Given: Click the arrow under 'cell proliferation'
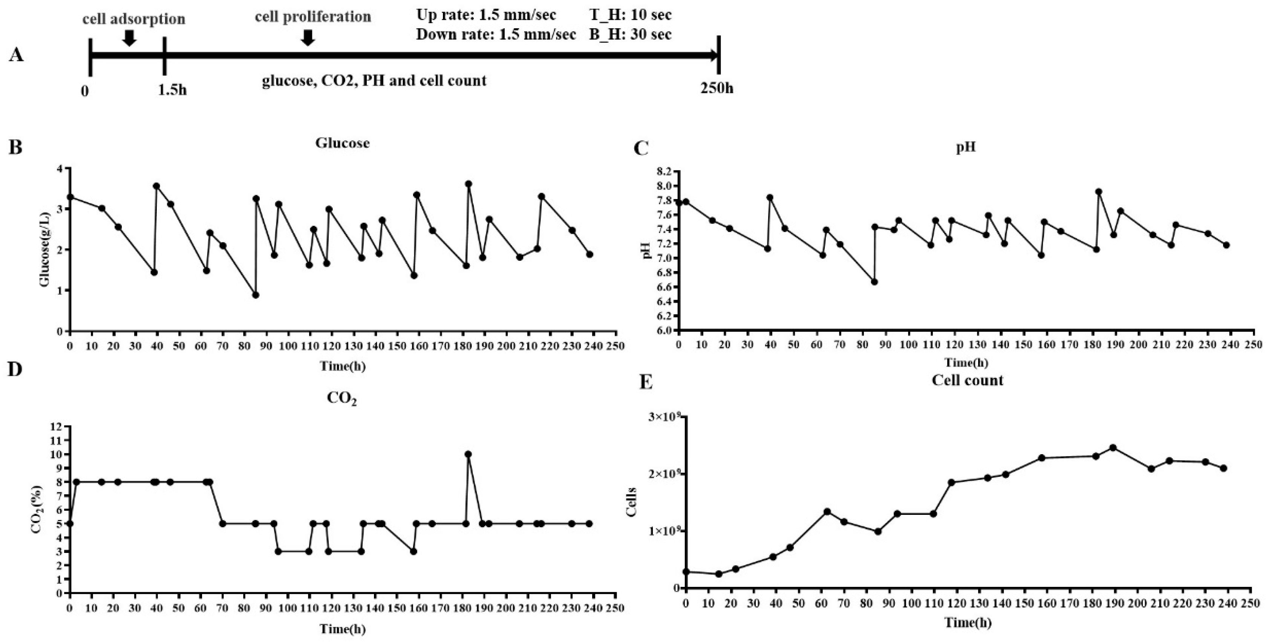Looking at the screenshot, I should point(308,37).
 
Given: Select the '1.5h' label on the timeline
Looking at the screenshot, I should point(172,90).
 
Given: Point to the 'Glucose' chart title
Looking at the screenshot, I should point(343,143).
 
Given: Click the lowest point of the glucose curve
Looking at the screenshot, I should point(256,295).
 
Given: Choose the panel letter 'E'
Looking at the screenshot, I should point(645,383).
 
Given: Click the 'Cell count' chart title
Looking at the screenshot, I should point(967,381).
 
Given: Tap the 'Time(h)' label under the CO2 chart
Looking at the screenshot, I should point(343,629).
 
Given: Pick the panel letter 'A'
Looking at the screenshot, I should point(16,55).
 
